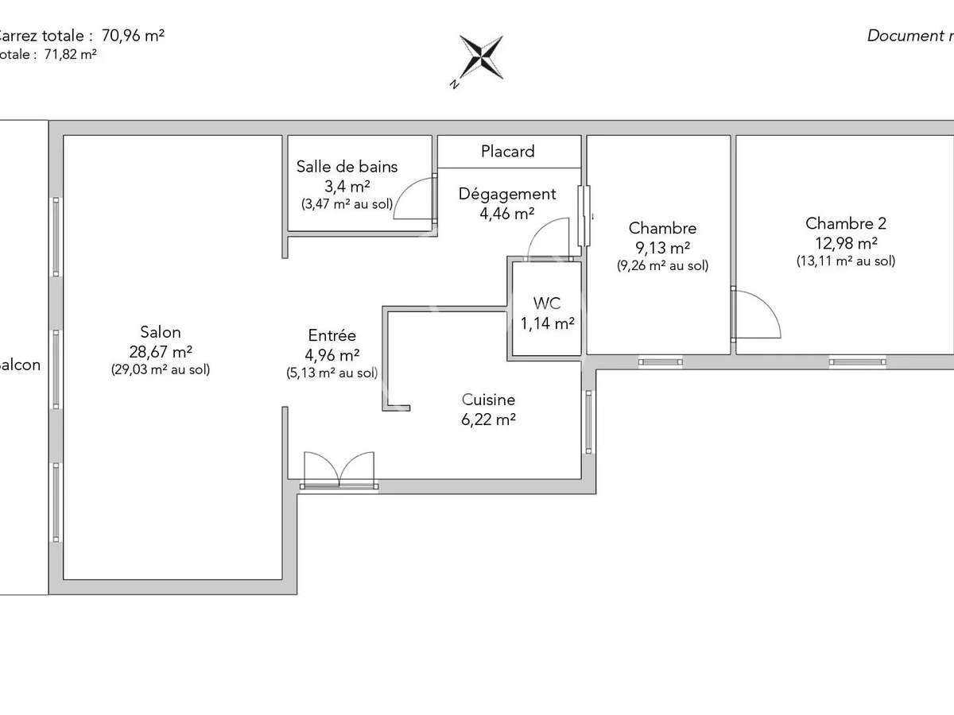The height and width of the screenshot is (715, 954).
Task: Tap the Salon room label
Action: pos(161,332)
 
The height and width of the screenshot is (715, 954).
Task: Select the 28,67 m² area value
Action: pos(161,351)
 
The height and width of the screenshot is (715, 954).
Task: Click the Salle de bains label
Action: pos(347,167)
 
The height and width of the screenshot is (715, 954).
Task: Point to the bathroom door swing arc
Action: pos(414,199)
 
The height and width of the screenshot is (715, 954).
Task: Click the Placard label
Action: pos(508,151)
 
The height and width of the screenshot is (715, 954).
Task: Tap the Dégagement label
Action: pos(507,194)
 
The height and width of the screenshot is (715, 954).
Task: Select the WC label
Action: pos(547,303)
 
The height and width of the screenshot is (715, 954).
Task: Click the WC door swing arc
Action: pos(549,239)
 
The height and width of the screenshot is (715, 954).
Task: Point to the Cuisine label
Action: pos(488,400)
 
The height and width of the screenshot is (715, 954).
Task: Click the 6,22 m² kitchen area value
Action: pos(488,420)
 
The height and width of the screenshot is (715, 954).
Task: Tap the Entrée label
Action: pos(332,336)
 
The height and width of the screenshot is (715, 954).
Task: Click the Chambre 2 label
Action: pos(846,223)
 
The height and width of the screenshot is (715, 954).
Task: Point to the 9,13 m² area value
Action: pos(662,247)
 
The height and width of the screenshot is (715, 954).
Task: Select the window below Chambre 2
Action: pos(852,361)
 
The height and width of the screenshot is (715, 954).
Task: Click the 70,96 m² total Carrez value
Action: pos(134,35)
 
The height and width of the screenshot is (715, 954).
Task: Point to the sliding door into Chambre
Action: pos(585,217)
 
